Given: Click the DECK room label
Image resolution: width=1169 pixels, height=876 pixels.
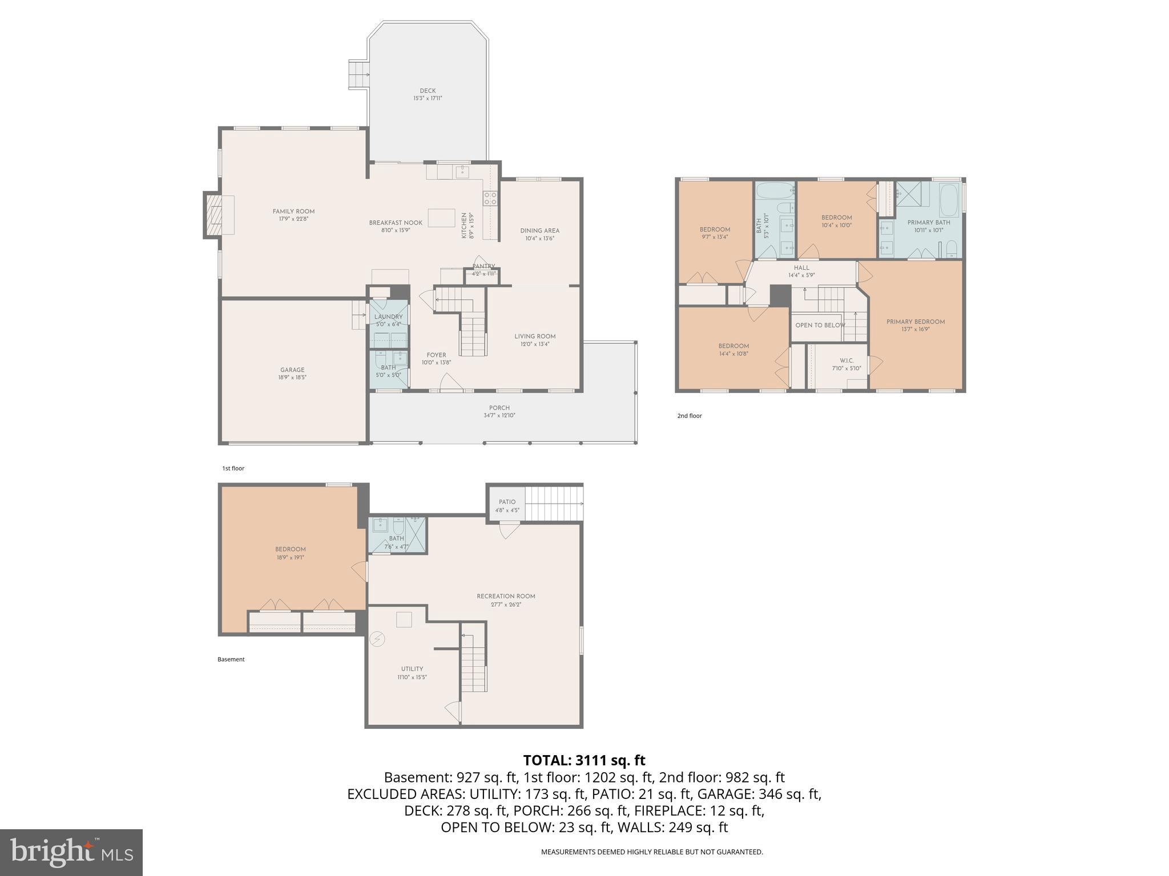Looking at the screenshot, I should [x=428, y=91].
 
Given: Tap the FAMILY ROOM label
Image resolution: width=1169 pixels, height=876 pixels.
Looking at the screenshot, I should [x=293, y=212].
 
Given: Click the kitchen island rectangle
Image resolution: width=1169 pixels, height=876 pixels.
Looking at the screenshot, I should [x=441, y=218].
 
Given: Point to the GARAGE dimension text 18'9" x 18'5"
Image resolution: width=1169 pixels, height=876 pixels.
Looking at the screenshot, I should [x=292, y=378].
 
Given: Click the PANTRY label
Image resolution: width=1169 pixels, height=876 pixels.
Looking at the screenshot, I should [x=483, y=266].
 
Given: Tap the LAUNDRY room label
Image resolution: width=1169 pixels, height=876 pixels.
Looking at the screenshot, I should [x=388, y=317].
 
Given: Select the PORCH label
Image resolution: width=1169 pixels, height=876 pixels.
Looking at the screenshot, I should [x=499, y=408].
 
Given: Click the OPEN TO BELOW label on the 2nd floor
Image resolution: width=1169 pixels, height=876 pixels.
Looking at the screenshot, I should [x=820, y=325].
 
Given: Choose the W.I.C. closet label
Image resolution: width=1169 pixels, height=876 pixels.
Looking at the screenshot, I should [x=846, y=360].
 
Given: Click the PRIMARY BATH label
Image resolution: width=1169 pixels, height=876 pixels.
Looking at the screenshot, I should [x=928, y=222].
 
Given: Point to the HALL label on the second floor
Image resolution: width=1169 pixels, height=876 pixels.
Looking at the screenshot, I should [x=801, y=267].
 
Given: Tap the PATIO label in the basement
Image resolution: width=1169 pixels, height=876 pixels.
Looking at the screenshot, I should [x=507, y=502].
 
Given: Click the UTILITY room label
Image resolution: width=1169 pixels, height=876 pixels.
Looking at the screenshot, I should [x=412, y=669].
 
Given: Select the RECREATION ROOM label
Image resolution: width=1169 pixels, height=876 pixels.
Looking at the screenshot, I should [x=506, y=597].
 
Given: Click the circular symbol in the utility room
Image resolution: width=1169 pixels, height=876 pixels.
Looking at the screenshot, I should [x=377, y=639].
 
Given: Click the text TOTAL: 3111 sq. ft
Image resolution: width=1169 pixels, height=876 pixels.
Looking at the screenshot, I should [x=584, y=760].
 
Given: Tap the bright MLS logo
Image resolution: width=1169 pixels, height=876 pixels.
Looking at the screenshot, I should [x=71, y=852].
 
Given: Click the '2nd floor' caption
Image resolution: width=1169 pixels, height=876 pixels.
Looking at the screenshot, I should [x=689, y=416].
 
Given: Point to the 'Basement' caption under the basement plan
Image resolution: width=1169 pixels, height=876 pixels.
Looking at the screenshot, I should [x=231, y=659].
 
